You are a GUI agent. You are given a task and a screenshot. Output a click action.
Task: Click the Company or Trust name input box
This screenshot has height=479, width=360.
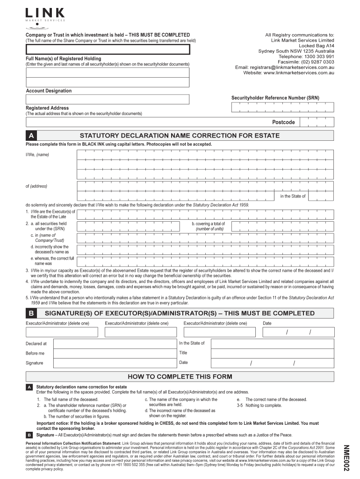pyautogui.click(x=108, y=50)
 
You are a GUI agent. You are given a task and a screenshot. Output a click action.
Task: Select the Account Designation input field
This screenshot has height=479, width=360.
pyautogui.click(x=108, y=99)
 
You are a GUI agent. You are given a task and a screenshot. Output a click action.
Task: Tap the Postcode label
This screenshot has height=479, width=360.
pyautogui.click(x=283, y=122)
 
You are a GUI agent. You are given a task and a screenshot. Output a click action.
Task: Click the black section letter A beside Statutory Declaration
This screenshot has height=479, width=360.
pyautogui.click(x=31, y=136)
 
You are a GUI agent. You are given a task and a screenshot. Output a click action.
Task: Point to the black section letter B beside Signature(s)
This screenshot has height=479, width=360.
pyautogui.click(x=31, y=313)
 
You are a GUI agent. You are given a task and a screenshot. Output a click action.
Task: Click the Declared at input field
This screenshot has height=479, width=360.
pyautogui.click(x=115, y=343)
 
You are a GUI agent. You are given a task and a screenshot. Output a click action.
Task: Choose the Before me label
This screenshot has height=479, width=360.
pyautogui.click(x=35, y=353)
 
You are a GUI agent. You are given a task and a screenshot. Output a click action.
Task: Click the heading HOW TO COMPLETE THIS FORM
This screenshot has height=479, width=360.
pyautogui.click(x=180, y=377)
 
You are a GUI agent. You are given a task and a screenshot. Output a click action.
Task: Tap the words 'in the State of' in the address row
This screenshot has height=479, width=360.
pyautogui.click(x=293, y=196)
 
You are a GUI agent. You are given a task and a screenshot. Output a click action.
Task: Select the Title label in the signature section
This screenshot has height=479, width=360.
pyautogui.click(x=183, y=353)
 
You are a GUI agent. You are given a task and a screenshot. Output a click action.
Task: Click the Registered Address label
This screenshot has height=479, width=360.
pyautogui.click(x=47, y=108)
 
